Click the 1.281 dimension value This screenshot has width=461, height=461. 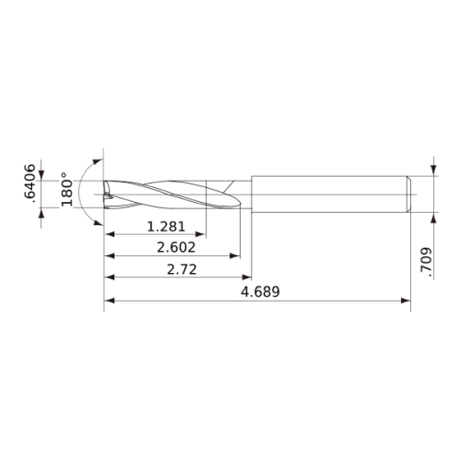pyautogui.click(x=166, y=227)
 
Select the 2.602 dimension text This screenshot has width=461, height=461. pyautogui.click(x=176, y=247)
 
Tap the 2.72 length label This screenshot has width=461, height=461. pyautogui.click(x=182, y=269)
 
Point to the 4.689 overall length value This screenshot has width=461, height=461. pyautogui.click(x=260, y=291)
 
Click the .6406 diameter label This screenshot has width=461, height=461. pyautogui.click(x=30, y=183)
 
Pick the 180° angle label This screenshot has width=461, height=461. pyautogui.click(x=66, y=189)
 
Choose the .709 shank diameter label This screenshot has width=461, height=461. pyautogui.click(x=426, y=260)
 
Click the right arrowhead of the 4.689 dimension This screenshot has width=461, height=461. pyautogui.click(x=406, y=301)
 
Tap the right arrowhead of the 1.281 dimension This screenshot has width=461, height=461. pyautogui.click(x=200, y=234)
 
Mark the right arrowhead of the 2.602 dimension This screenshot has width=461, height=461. pyautogui.click(x=235, y=255)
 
